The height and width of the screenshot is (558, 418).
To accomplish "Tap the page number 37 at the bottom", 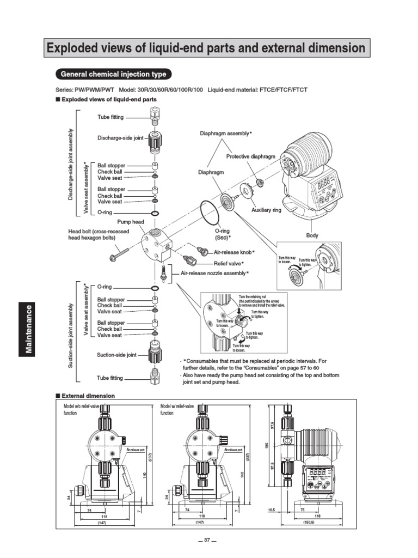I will pos(207,540).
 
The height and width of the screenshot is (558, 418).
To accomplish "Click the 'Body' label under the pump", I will pos(312,235).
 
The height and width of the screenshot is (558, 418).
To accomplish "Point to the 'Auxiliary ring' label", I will pos(266,210).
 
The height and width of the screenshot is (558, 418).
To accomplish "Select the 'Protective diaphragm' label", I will pos(251,156).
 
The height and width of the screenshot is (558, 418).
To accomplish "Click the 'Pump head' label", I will pos(131,222).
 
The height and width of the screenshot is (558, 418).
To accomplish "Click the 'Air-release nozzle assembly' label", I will pos(214,272).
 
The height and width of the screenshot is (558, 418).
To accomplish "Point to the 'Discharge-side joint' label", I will pos(120,138).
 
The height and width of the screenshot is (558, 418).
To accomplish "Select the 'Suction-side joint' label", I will pos(117,355).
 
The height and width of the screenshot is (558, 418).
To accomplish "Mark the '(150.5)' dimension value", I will pos(309,521).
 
